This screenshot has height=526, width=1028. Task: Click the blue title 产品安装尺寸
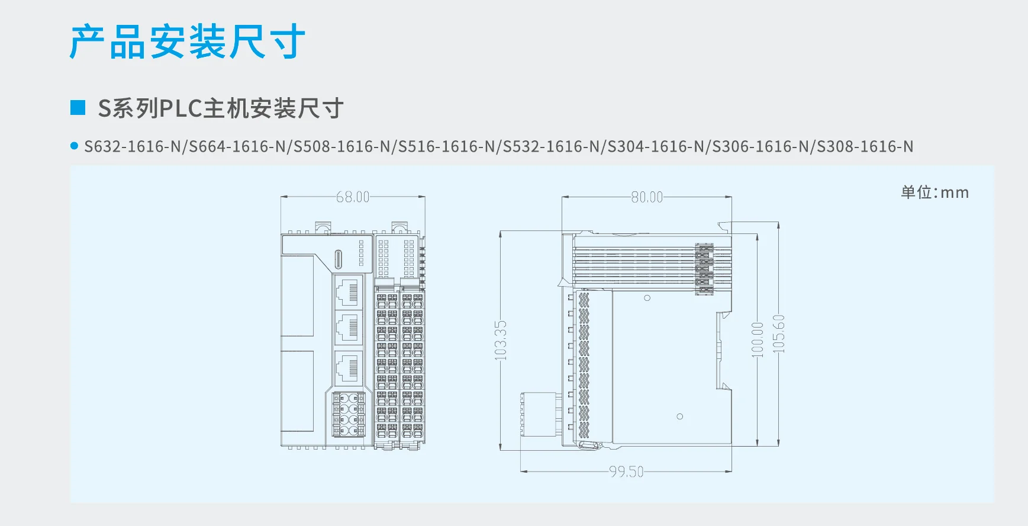[x=187, y=41]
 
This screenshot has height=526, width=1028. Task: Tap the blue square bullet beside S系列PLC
[x=78, y=107]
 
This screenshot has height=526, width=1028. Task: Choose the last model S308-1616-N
[x=865, y=146]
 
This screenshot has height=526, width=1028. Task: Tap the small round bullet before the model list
[x=74, y=146]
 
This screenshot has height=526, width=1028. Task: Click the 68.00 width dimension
[x=353, y=197]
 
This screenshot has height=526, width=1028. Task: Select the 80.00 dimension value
[x=647, y=197]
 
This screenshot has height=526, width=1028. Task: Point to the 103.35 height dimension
[x=501, y=340]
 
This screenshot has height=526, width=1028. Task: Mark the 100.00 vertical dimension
[x=758, y=339]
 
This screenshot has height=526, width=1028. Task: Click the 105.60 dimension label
[x=779, y=334]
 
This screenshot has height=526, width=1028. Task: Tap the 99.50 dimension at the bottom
[x=626, y=472]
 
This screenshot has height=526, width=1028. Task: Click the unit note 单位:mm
[x=934, y=192]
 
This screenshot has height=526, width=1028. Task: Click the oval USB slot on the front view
[x=339, y=259]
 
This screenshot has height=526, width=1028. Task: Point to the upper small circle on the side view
[x=647, y=298]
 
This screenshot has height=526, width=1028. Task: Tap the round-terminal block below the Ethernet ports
[x=349, y=415]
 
